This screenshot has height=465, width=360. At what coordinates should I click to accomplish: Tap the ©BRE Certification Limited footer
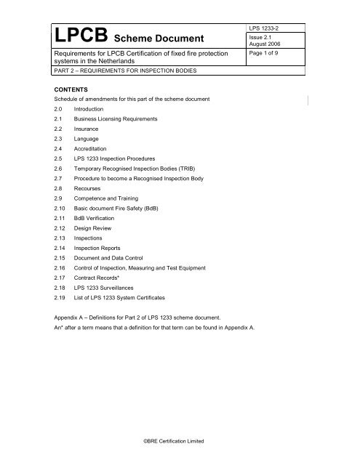pyautogui.click(x=180, y=441)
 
